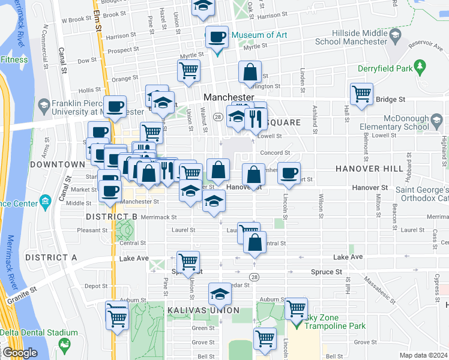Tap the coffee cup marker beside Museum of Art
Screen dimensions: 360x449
click(217, 38)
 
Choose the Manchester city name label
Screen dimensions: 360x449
click(229, 97)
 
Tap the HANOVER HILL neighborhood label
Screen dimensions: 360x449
click(369, 169)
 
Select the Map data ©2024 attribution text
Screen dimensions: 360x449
click(423, 355)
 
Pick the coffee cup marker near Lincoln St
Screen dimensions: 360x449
click(289, 173)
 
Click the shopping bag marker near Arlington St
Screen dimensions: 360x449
click(250, 73)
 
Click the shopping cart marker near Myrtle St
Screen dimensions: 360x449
click(188, 71)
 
